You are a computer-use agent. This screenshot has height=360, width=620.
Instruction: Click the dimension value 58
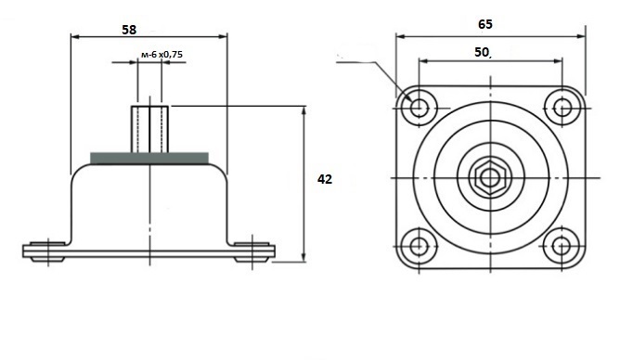tap(129, 30)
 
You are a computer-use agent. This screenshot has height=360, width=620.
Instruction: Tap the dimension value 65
tap(485, 24)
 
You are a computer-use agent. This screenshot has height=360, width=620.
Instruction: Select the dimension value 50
tap(481, 52)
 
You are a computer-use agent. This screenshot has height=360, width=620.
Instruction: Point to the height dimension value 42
tap(325, 179)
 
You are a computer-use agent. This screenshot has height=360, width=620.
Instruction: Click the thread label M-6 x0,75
tap(161, 55)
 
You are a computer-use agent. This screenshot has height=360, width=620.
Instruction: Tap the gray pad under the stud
tap(149, 158)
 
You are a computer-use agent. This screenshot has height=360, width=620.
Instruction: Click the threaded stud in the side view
tap(149, 129)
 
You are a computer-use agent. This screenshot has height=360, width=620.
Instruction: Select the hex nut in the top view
tap(490, 178)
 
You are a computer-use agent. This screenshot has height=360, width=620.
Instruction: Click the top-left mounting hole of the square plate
tap(419, 107)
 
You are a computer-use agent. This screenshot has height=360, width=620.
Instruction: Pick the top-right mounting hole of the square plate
tap(562, 108)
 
